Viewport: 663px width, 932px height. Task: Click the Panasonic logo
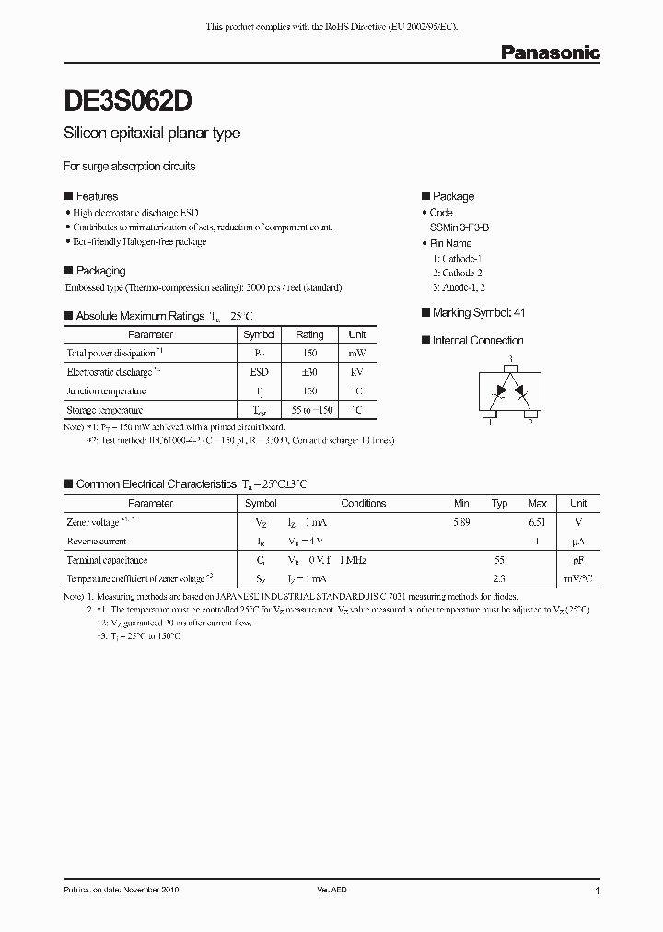550,52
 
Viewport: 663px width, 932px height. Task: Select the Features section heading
97,196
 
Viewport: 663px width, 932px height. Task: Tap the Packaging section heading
100,271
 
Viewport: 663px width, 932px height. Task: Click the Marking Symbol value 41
520,313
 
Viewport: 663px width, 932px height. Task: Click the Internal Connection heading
478,341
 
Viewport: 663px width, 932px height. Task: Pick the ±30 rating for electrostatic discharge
309,372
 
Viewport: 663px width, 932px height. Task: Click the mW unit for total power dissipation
357,354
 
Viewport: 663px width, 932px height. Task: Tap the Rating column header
309,335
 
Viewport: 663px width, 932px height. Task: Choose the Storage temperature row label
105,410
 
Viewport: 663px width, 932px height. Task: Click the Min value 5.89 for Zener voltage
462,523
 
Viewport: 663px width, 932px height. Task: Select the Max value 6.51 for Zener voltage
538,523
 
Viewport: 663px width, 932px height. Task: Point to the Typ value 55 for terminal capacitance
500,560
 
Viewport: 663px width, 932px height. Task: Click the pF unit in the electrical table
578,560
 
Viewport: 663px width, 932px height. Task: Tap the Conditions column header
364,504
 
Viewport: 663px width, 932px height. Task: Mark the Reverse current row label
97,542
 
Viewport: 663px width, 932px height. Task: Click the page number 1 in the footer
598,891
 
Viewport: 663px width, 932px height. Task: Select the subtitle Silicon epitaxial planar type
152,134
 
